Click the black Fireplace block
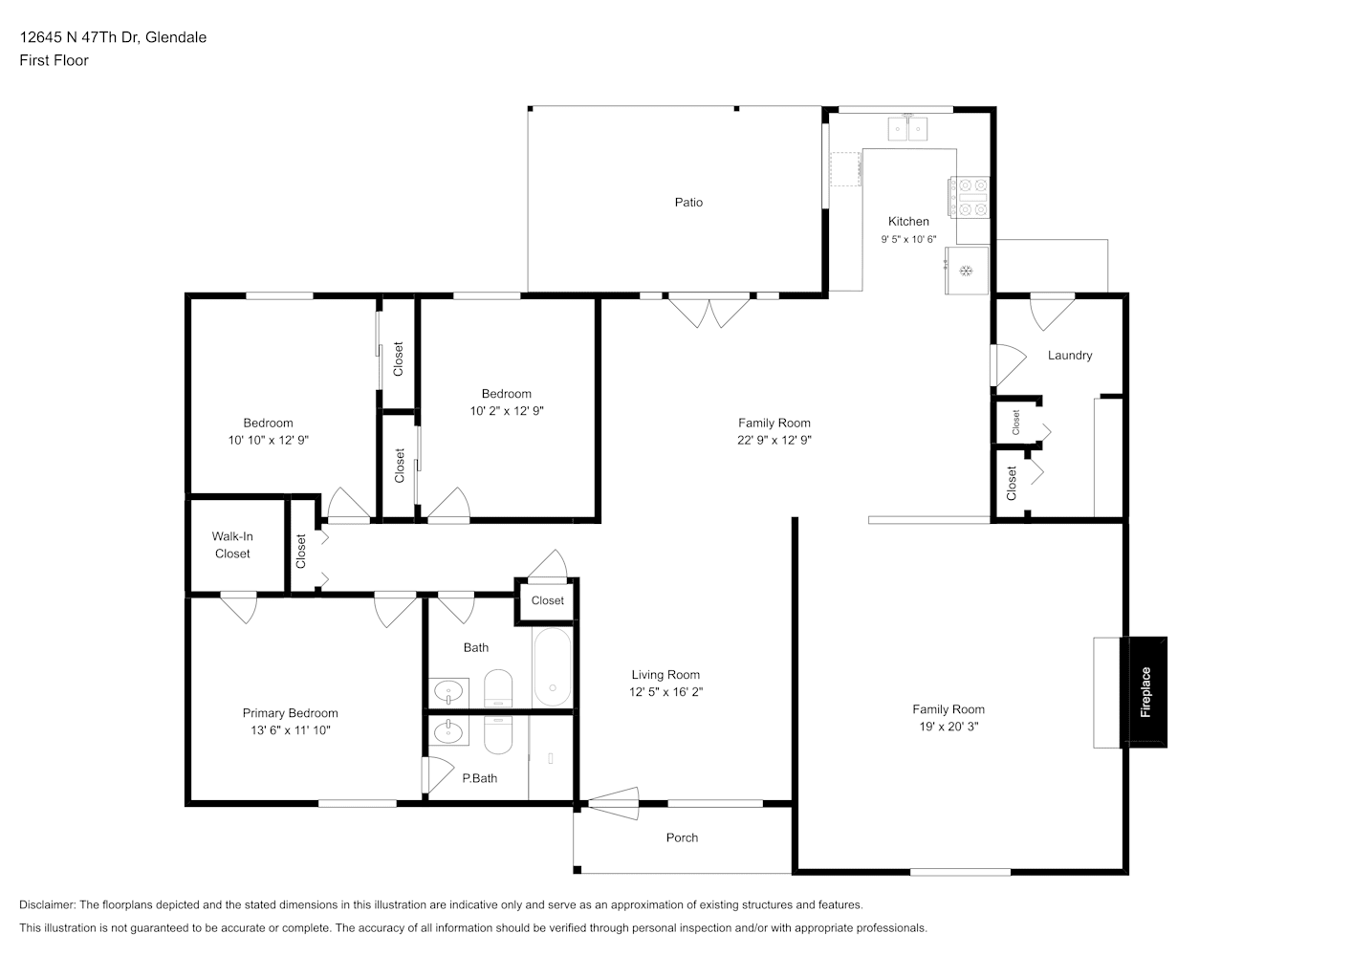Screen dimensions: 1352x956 point(1144,692)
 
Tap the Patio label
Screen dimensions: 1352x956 point(688,202)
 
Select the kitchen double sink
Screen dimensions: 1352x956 point(907,128)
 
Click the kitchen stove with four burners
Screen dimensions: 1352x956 point(970,197)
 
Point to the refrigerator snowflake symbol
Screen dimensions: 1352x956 point(967,271)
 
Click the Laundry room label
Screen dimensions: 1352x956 point(1070,356)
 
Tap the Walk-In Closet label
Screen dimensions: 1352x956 point(232,545)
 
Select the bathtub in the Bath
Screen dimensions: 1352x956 point(553,667)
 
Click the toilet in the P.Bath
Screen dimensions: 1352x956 point(498,735)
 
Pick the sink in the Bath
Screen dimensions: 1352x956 point(448,690)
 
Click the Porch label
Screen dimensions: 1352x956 point(682,837)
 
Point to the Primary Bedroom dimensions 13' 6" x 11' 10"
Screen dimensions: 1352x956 point(291,730)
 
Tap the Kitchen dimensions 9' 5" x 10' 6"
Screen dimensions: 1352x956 point(908,239)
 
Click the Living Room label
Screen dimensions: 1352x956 point(665,675)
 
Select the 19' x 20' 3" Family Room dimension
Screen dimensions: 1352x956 point(949,727)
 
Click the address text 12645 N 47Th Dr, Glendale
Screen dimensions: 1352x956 point(113,37)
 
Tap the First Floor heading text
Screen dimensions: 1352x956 point(54,60)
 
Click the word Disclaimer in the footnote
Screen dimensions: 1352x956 point(47,904)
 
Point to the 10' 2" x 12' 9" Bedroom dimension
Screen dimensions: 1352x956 point(507,411)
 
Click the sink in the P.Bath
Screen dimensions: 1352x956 point(448,731)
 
